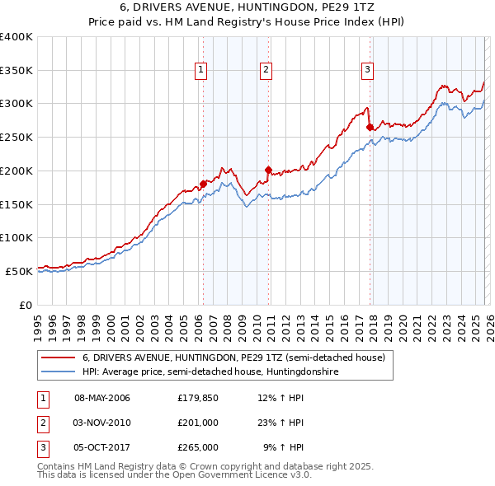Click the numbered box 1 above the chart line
pos(201,71)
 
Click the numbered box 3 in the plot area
pos(367,71)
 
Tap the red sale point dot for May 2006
pos(203,184)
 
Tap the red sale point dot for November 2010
pos(268,170)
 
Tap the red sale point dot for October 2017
pos(370,127)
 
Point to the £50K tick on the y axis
pos(19,271)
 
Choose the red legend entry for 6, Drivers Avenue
pos(233,358)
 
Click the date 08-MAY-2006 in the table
pos(102,398)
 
